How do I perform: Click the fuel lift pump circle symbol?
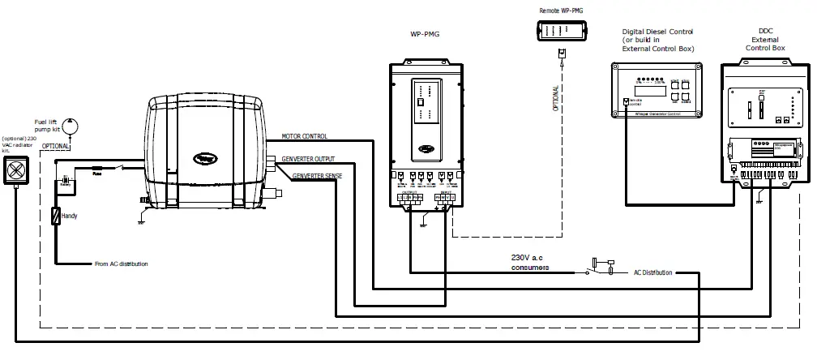(x=71, y=126)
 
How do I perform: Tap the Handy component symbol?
(x=56, y=216)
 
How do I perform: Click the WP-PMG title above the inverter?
(x=426, y=35)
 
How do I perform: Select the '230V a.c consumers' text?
(x=530, y=262)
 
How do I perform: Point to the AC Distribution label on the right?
(x=652, y=273)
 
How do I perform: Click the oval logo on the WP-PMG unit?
(x=426, y=148)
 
